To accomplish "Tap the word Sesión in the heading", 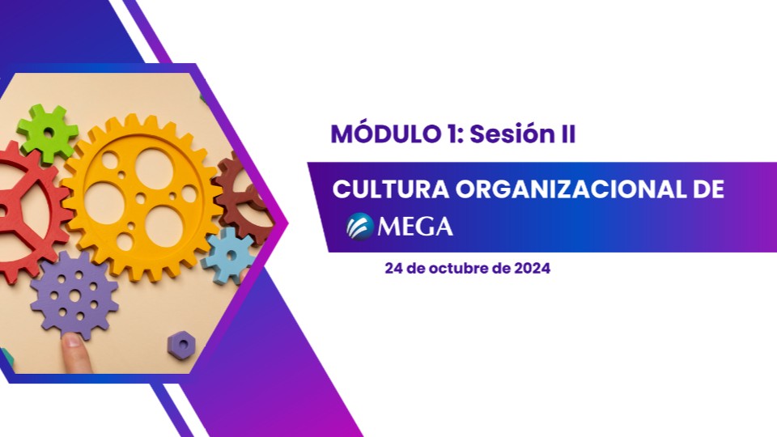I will pyautogui.click(x=499, y=134).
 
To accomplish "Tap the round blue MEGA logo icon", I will pyautogui.click(x=359, y=226).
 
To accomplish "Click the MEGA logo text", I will pyautogui.click(x=416, y=227).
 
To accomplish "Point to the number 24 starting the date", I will pyautogui.click(x=394, y=269).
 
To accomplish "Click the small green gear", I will pyautogui.click(x=47, y=132).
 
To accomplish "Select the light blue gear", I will pyautogui.click(x=229, y=255).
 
